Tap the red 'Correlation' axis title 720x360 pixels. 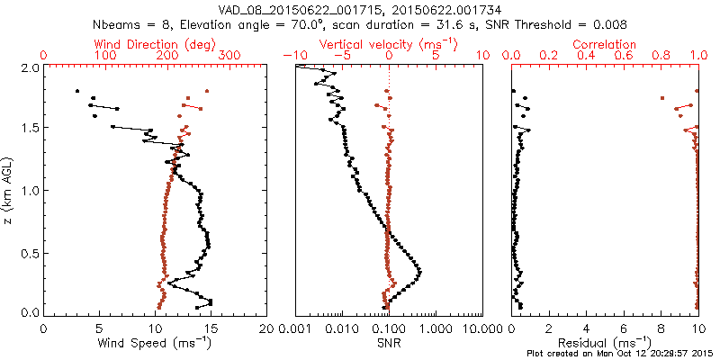[605, 43]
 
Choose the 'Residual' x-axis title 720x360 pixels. [604, 344]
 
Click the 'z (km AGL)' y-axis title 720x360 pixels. [9, 191]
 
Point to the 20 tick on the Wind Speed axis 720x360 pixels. [266, 328]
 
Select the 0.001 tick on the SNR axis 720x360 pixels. [295, 328]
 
